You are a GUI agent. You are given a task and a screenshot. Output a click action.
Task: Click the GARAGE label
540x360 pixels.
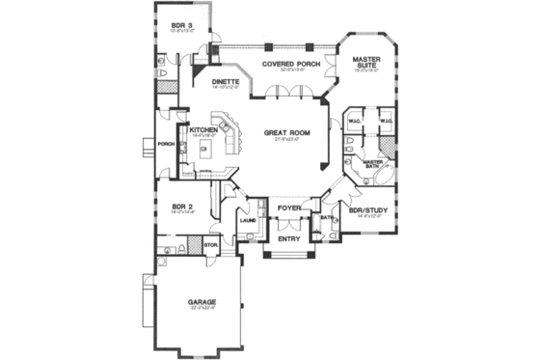tap(203, 302)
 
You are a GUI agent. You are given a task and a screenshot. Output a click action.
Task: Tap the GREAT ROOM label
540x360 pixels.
tap(286, 131)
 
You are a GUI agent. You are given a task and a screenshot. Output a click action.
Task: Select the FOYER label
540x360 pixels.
tap(289, 208)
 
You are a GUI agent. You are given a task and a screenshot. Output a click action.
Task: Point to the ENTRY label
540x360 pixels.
tap(289, 238)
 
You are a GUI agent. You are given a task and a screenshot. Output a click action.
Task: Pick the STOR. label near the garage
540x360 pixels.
tap(211, 245)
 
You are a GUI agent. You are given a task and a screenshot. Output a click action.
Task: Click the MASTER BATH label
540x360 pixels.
tap(373, 164)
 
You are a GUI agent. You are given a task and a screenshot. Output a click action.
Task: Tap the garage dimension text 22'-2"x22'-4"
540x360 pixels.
tap(203, 309)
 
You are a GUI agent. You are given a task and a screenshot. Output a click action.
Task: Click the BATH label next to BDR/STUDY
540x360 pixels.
tap(327, 217)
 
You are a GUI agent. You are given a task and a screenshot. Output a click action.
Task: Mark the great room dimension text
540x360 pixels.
tap(286, 138)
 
